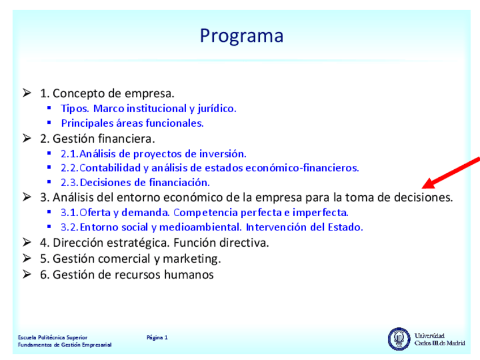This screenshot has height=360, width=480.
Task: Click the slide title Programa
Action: click(x=241, y=36)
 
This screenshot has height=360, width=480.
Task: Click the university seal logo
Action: click(x=399, y=338)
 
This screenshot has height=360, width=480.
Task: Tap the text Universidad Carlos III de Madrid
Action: click(x=440, y=339)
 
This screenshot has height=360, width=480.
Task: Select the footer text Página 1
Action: click(x=157, y=337)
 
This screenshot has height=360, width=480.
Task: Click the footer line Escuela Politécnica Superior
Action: click(x=53, y=337)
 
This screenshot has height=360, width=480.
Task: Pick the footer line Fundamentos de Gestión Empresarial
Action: click(x=65, y=345)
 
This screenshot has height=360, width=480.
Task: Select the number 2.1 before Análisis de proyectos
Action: click(x=69, y=153)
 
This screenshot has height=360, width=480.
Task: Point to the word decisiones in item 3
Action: click(x=423, y=198)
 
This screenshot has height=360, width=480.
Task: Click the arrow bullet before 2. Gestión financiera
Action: click(x=27, y=138)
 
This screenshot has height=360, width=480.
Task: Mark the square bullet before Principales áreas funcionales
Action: click(x=49, y=123)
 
